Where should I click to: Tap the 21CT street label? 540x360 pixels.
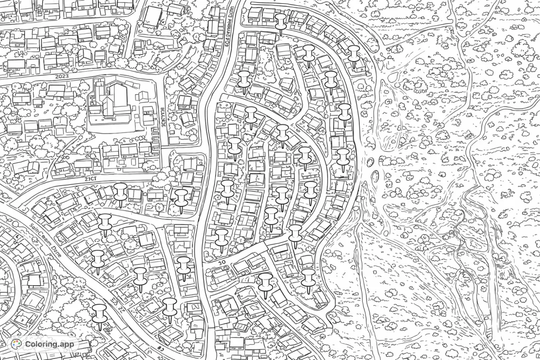(91, 179)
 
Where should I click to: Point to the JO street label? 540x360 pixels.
(221, 261)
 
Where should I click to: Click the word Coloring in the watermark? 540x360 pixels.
(43, 345)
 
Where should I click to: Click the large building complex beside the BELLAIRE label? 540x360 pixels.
(110, 103)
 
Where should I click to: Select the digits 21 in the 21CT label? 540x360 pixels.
(88, 179)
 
